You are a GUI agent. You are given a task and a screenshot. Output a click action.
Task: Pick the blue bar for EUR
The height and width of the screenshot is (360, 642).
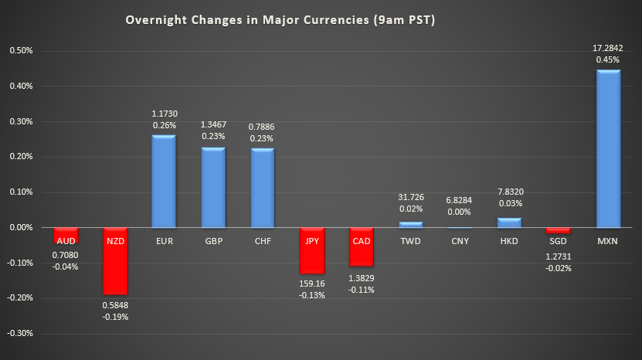pyautogui.click(x=163, y=182)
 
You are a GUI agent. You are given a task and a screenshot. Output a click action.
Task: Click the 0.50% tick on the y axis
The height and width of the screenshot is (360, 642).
pyautogui.click(x=21, y=51)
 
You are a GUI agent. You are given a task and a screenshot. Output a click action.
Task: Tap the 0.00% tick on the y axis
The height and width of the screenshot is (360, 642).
pyautogui.click(x=21, y=228)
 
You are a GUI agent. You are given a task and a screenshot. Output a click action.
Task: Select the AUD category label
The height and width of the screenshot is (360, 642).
pyautogui.click(x=65, y=240)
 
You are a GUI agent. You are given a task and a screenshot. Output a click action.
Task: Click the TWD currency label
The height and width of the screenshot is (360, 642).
pyautogui.click(x=410, y=240)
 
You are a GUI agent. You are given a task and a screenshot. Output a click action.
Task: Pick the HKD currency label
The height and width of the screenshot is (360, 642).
pyautogui.click(x=509, y=240)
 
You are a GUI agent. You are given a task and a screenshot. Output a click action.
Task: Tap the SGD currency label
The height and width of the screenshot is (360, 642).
pyautogui.click(x=559, y=240)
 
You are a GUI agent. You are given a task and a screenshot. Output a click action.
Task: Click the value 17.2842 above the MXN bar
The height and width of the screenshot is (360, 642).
pyautogui.click(x=608, y=47)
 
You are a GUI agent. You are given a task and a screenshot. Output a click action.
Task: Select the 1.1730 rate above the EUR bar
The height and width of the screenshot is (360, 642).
pyautogui.click(x=163, y=113)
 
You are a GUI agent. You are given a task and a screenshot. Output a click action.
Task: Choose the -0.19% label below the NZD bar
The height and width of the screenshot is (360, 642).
pyautogui.click(x=115, y=317)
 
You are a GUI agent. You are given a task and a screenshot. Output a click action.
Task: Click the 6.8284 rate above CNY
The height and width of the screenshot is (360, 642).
pyautogui.click(x=460, y=200)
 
